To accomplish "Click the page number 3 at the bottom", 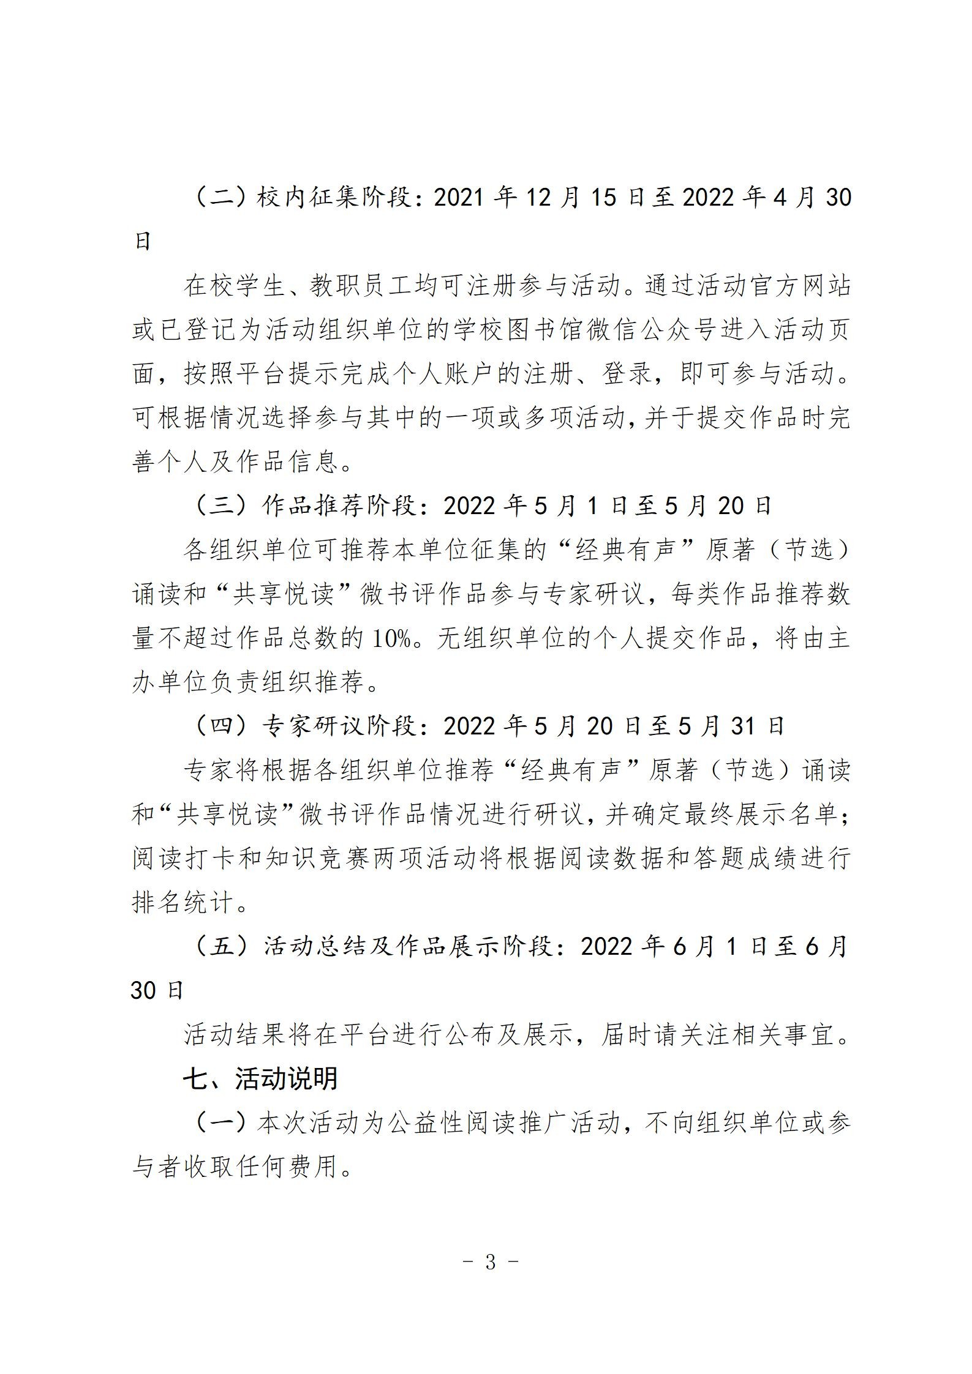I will tap(489, 1262).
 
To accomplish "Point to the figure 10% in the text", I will tap(392, 639).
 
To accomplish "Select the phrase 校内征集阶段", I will tap(334, 198).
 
